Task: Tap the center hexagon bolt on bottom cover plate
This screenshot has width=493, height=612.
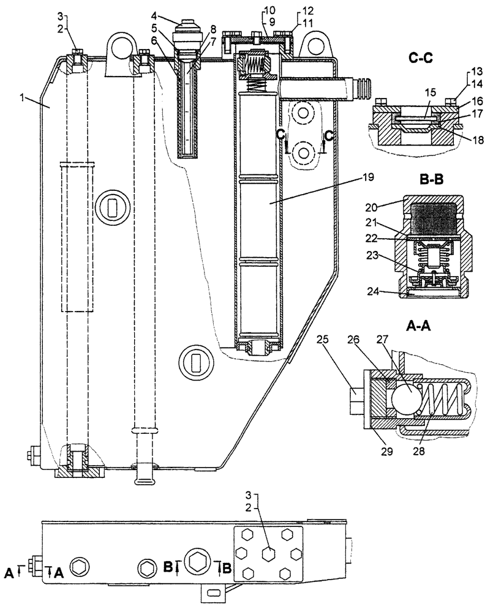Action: coord(267,553)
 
